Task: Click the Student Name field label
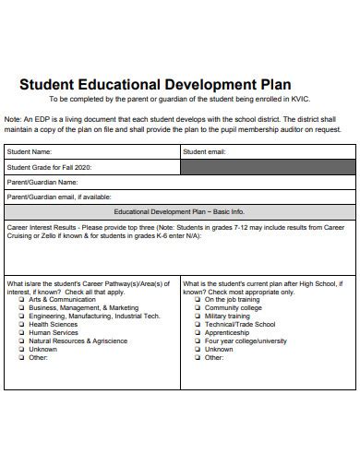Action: [30, 151]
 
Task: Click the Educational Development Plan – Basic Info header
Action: [179, 211]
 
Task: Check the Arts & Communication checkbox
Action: [21, 300]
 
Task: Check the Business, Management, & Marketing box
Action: [21, 308]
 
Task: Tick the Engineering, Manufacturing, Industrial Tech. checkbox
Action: [21, 317]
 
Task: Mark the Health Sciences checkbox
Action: [21, 325]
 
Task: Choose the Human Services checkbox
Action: [21, 333]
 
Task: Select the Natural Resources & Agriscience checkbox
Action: [21, 341]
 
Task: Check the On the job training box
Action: [198, 300]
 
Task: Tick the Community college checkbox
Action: [198, 308]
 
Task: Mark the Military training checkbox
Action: [198, 317]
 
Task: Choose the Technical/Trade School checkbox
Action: [198, 325]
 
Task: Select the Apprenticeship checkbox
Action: [198, 333]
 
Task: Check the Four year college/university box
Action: [198, 341]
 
